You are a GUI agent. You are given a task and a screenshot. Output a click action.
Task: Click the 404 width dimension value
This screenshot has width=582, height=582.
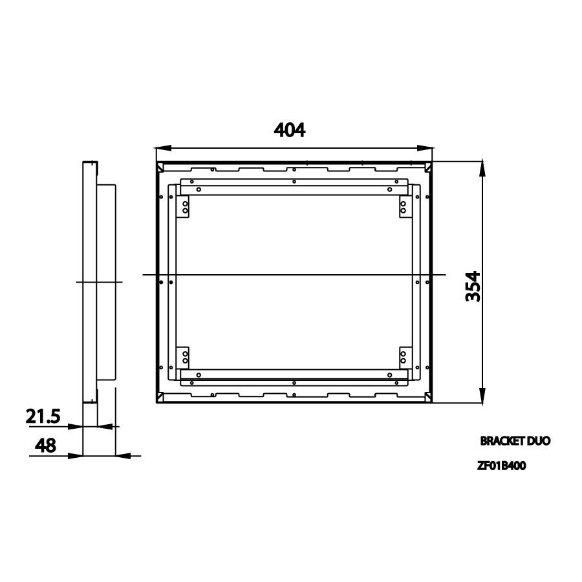(290, 130)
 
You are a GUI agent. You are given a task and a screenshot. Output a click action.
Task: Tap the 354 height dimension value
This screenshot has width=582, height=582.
(473, 286)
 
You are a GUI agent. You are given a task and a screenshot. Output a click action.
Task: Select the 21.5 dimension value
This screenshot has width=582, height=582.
(43, 416)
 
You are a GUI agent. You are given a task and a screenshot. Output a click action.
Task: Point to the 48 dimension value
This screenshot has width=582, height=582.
(45, 445)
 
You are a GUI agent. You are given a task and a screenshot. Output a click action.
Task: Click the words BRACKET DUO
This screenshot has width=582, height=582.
(515, 441)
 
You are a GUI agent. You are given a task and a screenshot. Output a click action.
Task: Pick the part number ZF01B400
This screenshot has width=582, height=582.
(501, 466)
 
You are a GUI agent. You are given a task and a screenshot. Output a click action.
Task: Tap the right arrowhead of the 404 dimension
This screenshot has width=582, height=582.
(425, 147)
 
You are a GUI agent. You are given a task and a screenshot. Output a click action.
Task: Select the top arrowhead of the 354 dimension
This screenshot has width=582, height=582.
(482, 169)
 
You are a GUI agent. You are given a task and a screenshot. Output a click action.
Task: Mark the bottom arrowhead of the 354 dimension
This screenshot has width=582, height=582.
(482, 395)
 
